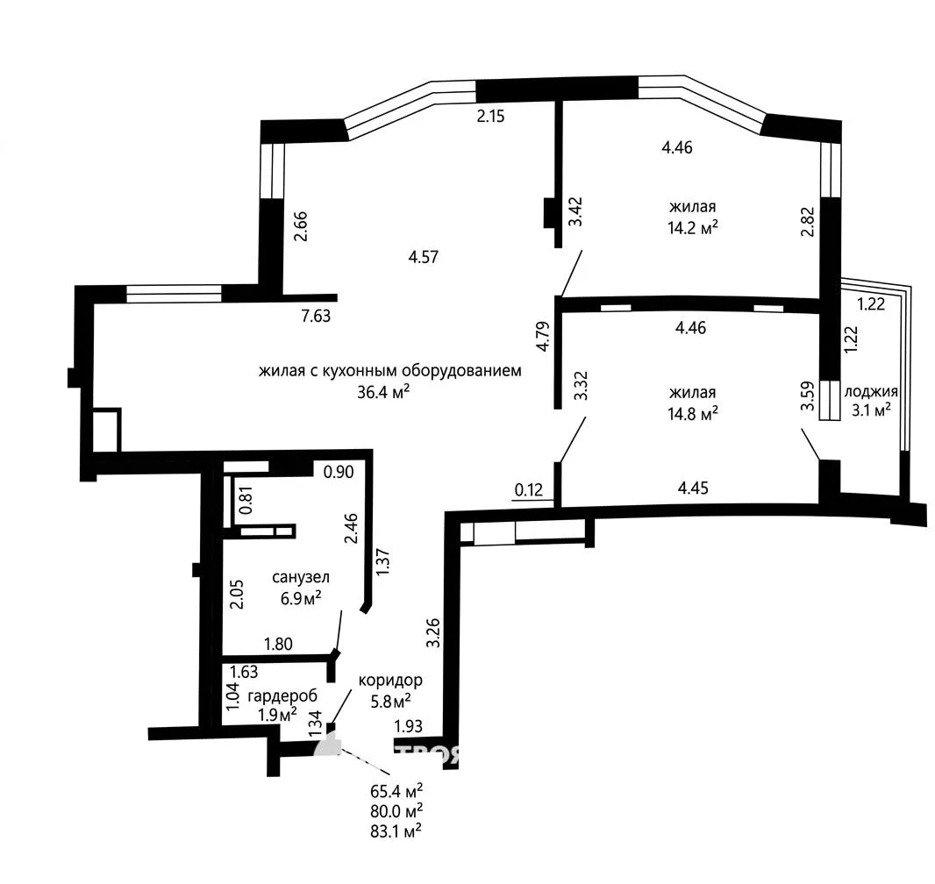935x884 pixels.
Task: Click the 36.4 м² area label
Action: coord(382,392)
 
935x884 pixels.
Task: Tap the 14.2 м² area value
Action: coord(692,227)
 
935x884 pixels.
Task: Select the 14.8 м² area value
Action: coord(692,413)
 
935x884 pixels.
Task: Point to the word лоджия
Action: coord(871,392)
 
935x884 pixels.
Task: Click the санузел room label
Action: coord(301,577)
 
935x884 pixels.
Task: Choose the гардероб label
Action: coord(282,695)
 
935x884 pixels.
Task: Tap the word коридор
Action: coord(390,680)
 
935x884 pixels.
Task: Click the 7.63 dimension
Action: coord(316,316)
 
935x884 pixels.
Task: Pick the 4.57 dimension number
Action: coord(424,257)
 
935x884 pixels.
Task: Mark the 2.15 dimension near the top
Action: coord(490,116)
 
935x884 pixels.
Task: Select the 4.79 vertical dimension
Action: coord(543,336)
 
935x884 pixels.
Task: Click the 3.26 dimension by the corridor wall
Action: coord(433,632)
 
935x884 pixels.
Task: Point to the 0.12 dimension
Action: coord(529,490)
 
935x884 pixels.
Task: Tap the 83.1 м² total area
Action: coord(396,831)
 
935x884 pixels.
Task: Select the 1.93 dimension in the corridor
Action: coord(409,726)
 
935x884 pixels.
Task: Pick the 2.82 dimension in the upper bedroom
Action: coord(808,222)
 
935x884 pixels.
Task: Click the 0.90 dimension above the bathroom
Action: coord(338,472)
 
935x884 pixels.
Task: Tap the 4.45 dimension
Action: coord(693,488)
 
